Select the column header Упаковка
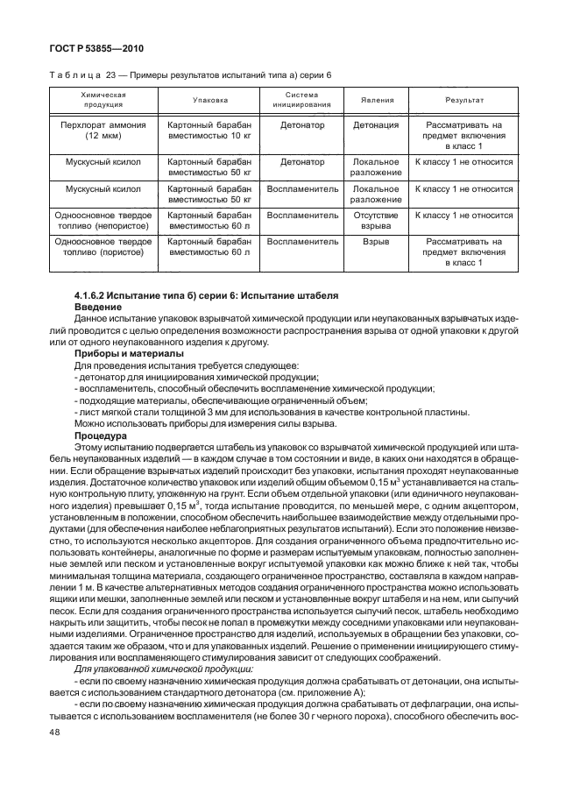(209, 100)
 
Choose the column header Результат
(463, 100)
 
